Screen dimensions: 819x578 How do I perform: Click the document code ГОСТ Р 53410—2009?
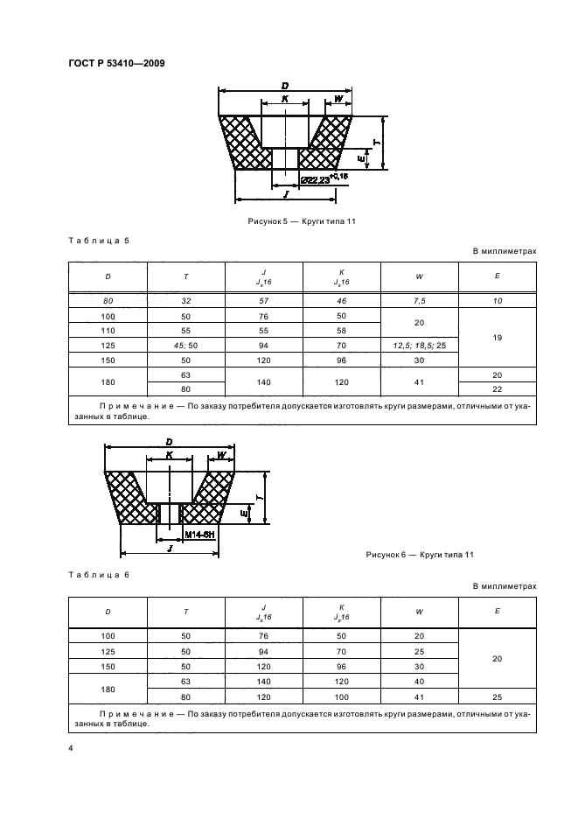115,63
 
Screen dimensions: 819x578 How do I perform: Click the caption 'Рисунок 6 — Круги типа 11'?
419,555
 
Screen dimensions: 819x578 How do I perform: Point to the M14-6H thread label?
200,533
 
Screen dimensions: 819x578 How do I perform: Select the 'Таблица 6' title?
99,573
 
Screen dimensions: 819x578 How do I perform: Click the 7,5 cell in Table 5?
420,300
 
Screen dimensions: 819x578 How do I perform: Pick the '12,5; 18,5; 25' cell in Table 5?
420,346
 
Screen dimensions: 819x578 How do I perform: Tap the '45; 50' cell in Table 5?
186,346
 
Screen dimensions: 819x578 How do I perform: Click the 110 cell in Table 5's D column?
108,331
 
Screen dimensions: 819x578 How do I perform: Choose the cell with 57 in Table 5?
263,300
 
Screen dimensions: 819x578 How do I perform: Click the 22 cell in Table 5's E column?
498,388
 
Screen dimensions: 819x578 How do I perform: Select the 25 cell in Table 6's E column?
498,696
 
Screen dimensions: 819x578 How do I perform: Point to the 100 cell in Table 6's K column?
341,696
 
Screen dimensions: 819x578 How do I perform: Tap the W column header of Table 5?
420,276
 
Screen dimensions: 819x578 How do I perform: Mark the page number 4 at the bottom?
69,749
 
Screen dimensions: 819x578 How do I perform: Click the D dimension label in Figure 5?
285,85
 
